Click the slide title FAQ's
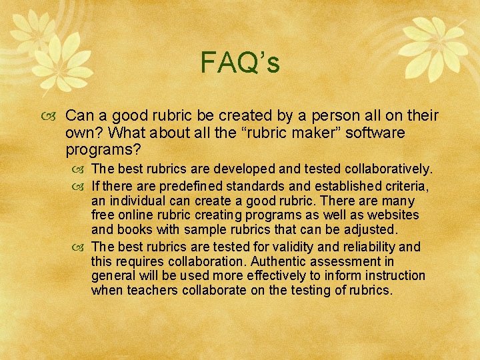click(240, 64)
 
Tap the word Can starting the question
click(81, 116)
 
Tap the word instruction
click(392, 276)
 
